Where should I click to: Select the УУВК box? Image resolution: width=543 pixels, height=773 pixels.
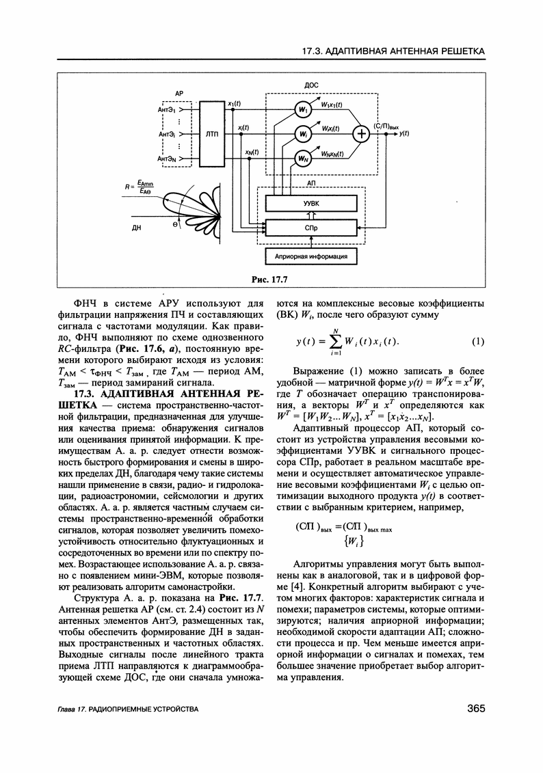click(x=310, y=203)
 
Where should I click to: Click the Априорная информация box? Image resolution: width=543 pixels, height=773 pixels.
click(x=310, y=257)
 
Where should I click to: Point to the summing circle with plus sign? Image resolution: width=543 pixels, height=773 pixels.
click(x=358, y=135)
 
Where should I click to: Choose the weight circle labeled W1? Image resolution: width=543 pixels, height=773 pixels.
click(x=302, y=109)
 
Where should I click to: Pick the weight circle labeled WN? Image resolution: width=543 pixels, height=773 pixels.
click(x=302, y=159)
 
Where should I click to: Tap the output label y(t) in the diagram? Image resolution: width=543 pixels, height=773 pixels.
click(x=404, y=134)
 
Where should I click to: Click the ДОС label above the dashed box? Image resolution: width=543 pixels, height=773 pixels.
click(x=311, y=85)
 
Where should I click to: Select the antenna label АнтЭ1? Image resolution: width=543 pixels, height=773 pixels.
click(x=168, y=109)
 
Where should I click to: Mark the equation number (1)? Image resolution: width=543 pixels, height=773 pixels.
click(x=478, y=342)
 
